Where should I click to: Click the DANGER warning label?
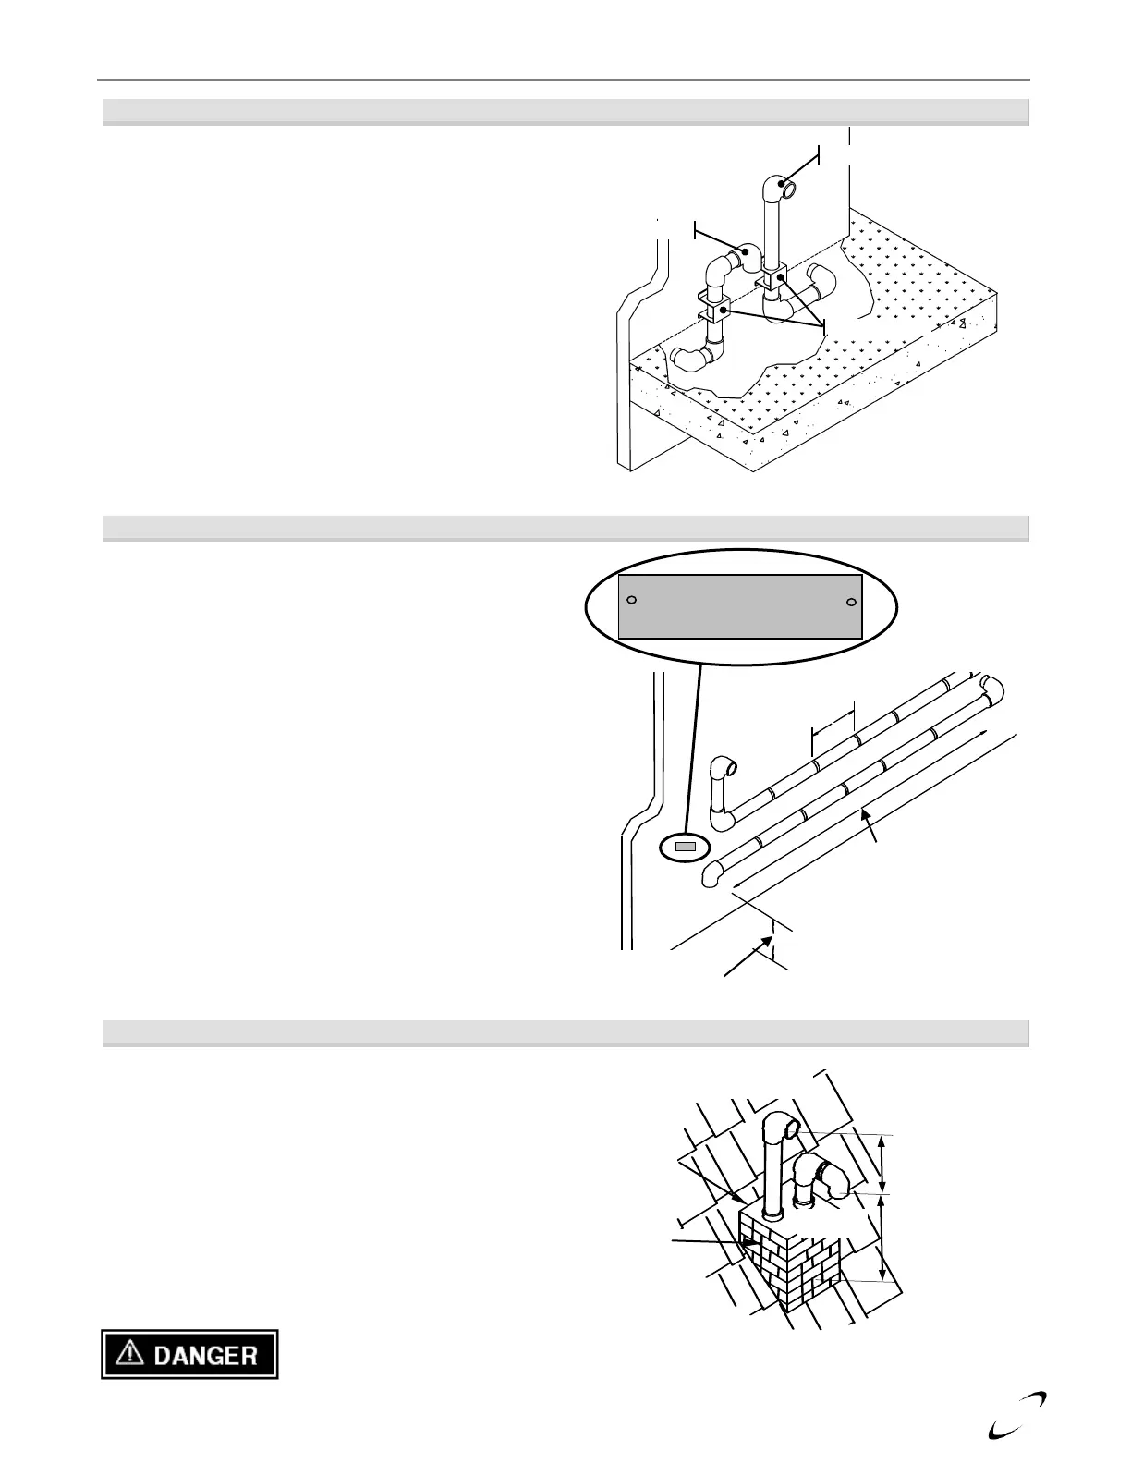tap(189, 1355)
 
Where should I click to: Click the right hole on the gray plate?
tap(851, 603)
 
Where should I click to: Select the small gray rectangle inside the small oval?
tap(685, 847)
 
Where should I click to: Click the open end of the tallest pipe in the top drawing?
tap(787, 189)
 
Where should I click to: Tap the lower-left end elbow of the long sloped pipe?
tap(712, 873)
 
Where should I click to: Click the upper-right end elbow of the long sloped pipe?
tap(991, 689)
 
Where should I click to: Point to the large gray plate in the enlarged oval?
tap(739, 606)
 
